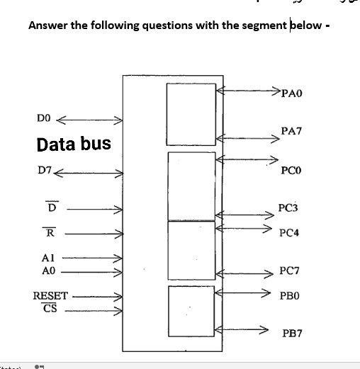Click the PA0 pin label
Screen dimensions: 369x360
292,93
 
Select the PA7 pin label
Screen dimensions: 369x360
291,131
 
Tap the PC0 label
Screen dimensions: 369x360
291,171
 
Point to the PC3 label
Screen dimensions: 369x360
288,208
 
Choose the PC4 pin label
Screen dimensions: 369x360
289,232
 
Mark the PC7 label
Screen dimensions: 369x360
289,271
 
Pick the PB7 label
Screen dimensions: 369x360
292,331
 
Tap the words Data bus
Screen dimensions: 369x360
74,144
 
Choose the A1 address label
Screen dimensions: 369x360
48,259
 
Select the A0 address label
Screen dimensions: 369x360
48,271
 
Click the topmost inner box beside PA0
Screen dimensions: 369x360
191,106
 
